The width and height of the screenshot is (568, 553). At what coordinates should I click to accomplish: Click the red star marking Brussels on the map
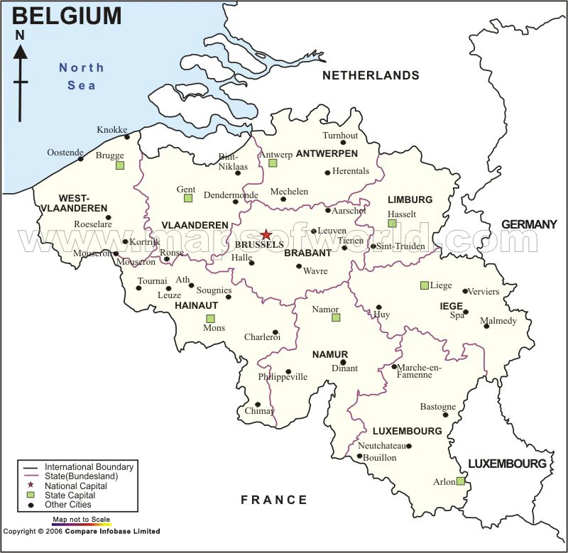coord(266,234)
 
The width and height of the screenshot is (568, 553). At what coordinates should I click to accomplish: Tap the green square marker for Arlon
coord(460,481)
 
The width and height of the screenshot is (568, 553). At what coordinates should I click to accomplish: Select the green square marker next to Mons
coord(210,319)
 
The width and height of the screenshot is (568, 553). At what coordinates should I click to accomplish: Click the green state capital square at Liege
coord(425,285)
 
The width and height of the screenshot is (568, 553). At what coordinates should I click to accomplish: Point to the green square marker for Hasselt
coord(392,224)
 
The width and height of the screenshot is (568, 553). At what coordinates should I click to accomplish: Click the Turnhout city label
coord(340,135)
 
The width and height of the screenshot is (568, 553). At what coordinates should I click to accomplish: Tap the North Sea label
coord(81,76)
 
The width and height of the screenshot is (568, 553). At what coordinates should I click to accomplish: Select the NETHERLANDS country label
coord(371,75)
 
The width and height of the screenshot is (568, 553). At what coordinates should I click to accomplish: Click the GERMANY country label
coord(529,224)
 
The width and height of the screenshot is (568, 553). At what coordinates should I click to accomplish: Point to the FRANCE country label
coord(274,500)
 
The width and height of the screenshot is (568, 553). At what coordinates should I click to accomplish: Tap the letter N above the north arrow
coord(20,34)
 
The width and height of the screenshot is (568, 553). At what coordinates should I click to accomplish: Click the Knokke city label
coord(111,130)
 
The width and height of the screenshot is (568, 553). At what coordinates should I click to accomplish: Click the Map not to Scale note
coord(81,520)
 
